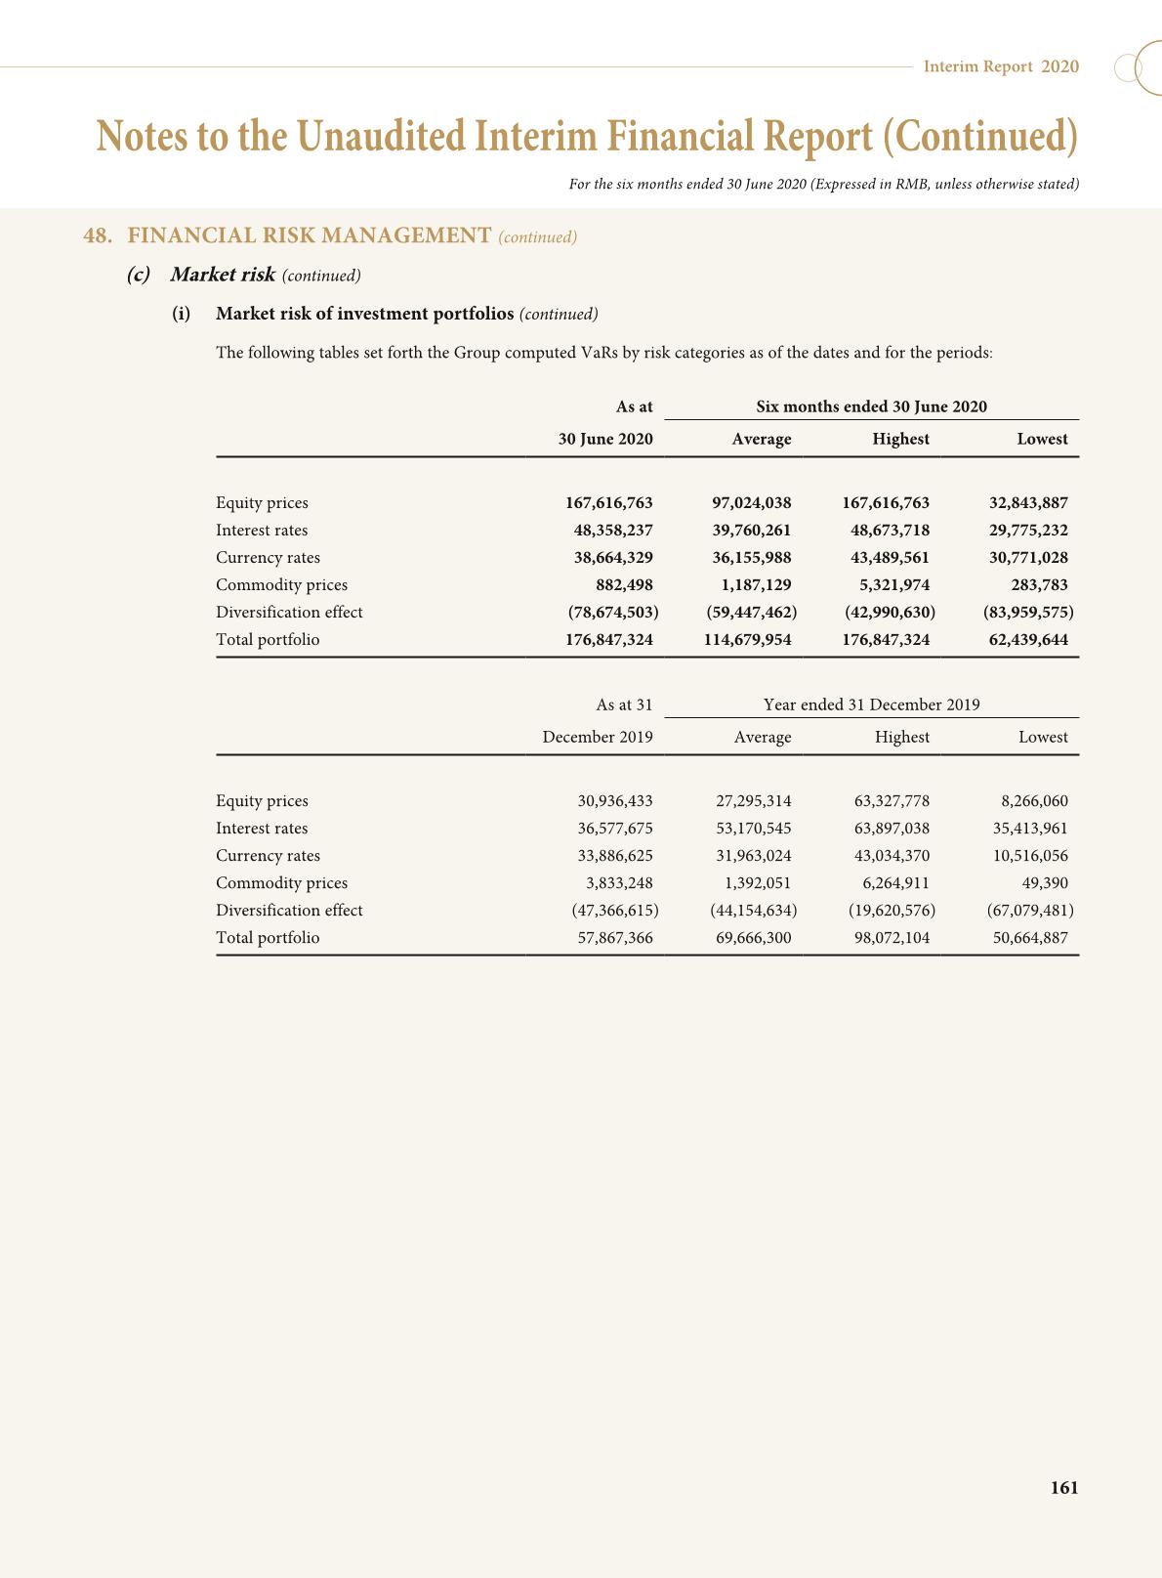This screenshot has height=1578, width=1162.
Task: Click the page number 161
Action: [1063, 1487]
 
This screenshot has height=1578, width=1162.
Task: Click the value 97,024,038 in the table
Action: [751, 503]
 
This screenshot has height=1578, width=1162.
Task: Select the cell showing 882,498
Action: [624, 585]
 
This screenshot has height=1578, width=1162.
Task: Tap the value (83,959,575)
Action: [1028, 613]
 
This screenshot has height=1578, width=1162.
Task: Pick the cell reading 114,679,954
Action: [747, 640]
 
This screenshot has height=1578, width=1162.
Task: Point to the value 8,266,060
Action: [1034, 801]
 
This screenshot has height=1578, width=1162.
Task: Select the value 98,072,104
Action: [892, 938]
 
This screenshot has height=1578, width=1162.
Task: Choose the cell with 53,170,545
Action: [753, 829]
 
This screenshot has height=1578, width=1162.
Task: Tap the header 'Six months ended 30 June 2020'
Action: [871, 406]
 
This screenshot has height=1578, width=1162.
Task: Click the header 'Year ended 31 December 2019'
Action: [871, 704]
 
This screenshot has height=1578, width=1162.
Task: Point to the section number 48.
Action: [96, 235]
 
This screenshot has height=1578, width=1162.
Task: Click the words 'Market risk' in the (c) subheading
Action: [223, 275]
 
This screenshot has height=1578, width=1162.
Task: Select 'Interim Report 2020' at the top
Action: [1001, 66]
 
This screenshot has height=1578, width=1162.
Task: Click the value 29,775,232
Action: [1028, 531]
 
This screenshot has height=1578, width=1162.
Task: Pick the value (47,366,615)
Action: [614, 911]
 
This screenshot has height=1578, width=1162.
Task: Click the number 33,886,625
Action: [614, 856]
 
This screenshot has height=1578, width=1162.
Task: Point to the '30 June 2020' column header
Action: [604, 440]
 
